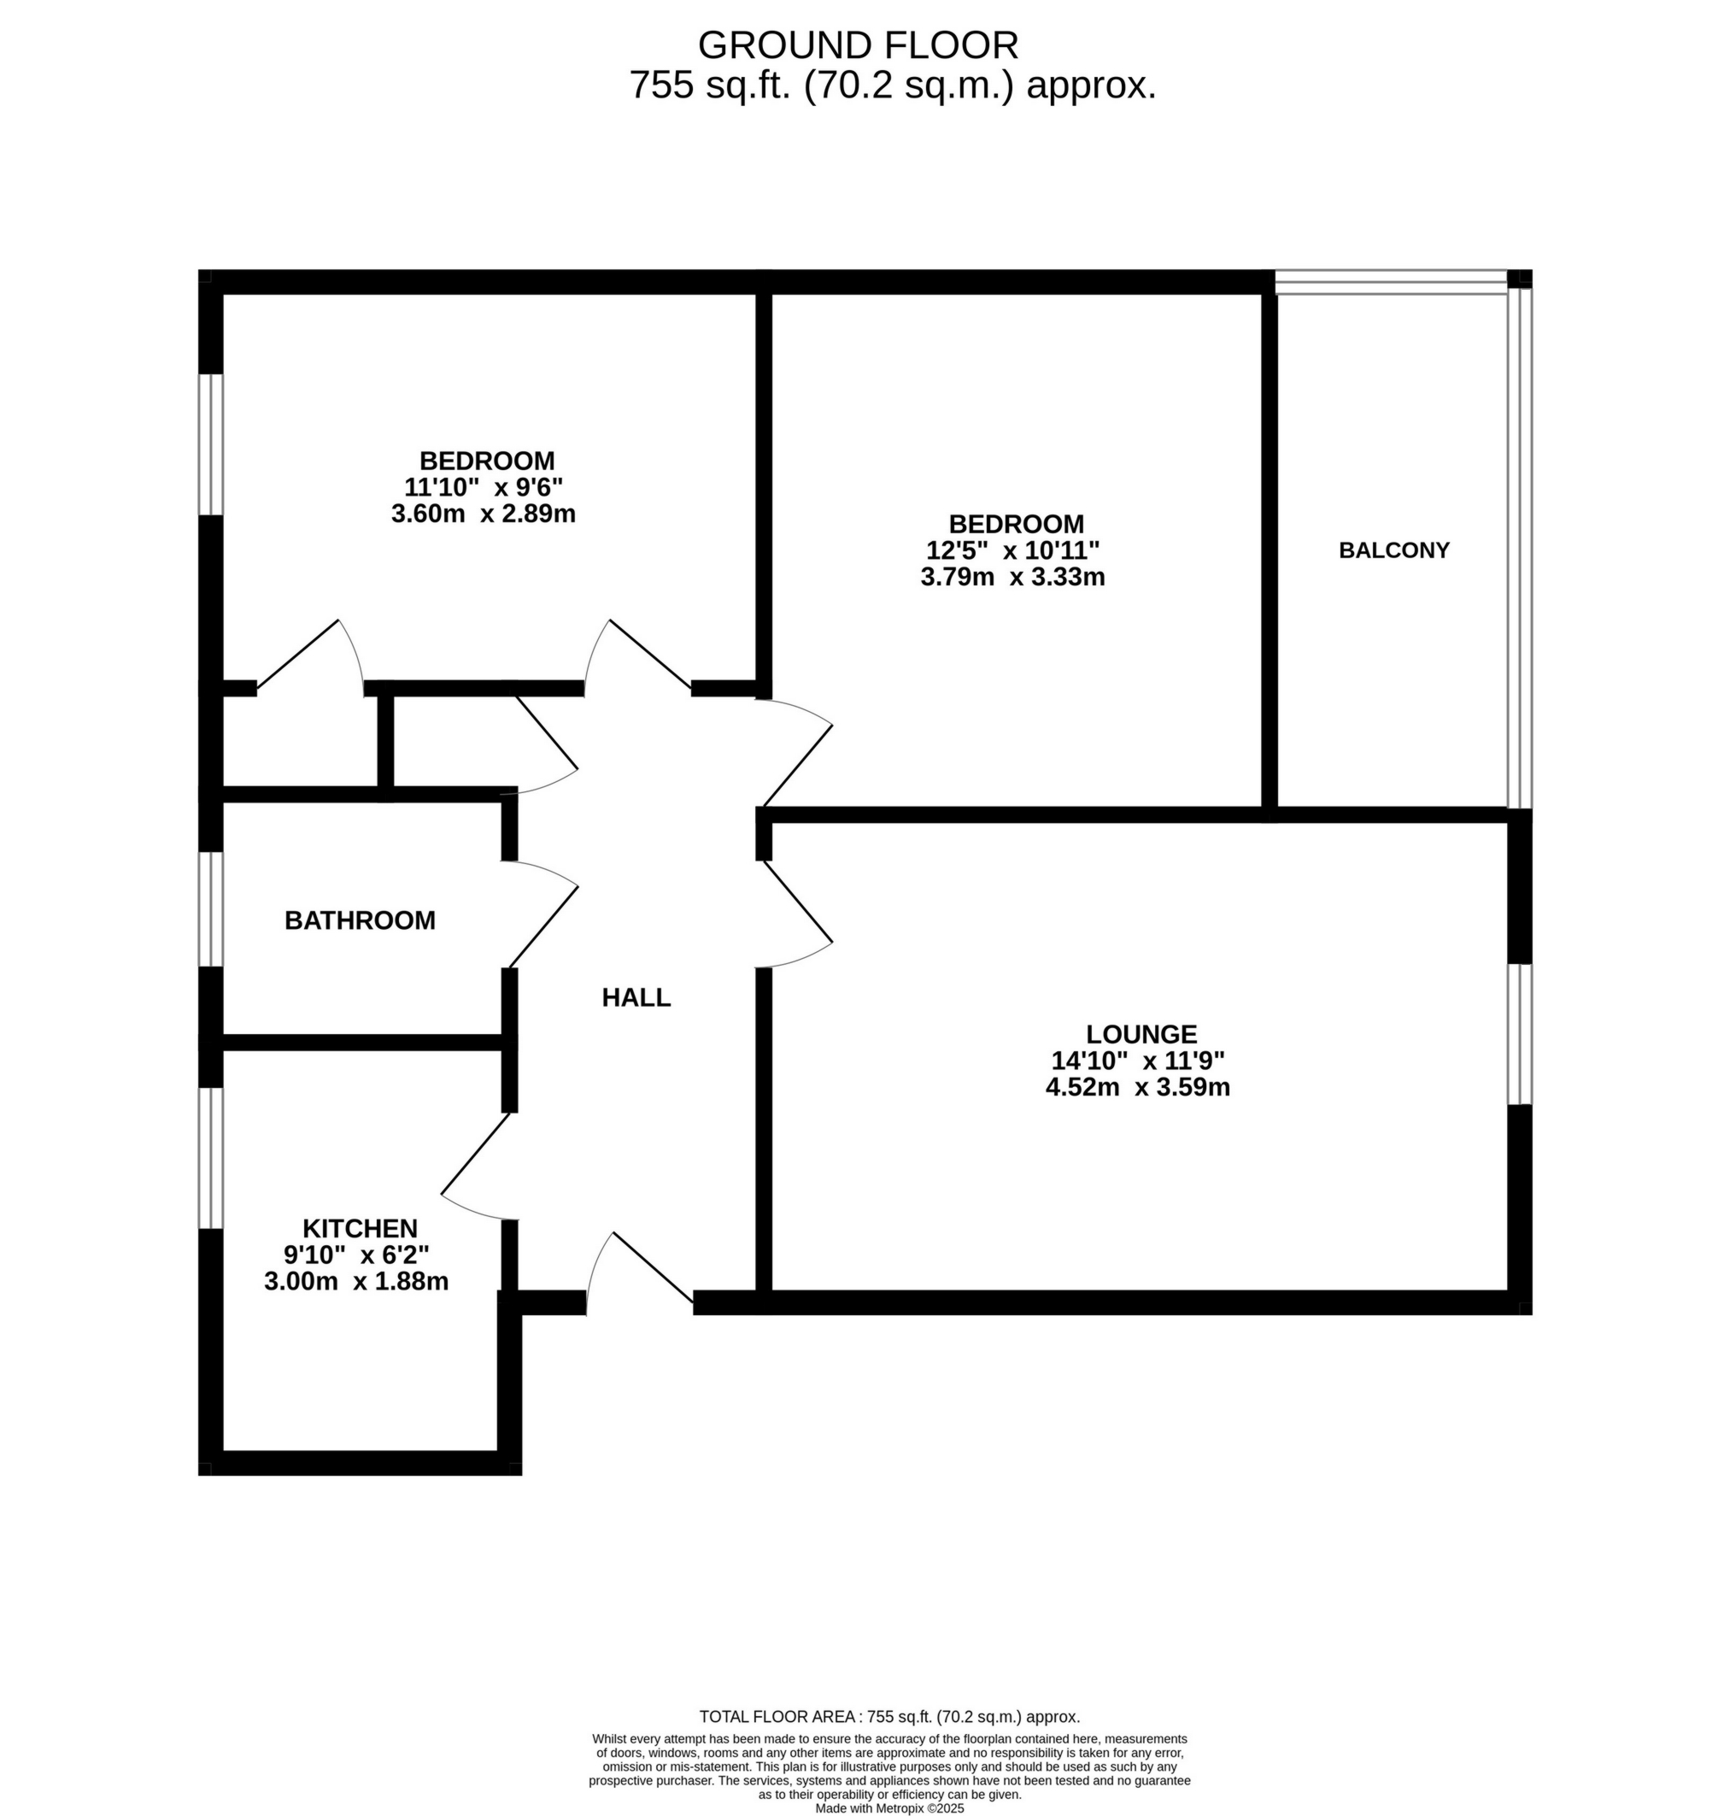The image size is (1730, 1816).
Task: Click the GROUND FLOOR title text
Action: pos(858,45)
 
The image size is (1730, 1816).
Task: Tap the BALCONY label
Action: pos(1393,550)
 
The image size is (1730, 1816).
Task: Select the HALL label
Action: pos(636,997)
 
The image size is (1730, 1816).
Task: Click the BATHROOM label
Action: pos(360,920)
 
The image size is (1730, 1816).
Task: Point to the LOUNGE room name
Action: pos(1141,1034)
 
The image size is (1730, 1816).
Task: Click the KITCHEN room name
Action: pos(360,1229)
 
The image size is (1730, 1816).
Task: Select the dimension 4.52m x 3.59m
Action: pos(1137,1087)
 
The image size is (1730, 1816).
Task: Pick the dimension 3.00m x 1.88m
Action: pos(356,1281)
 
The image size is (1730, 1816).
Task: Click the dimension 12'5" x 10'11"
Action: pos(1012,550)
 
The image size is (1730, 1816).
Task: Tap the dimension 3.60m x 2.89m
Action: pos(484,514)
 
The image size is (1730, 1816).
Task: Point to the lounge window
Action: pos(1519,1034)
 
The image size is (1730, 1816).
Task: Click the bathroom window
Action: pos(212,909)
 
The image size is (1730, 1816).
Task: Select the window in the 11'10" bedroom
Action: pos(212,444)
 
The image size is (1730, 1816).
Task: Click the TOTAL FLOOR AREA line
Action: pos(889,1718)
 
